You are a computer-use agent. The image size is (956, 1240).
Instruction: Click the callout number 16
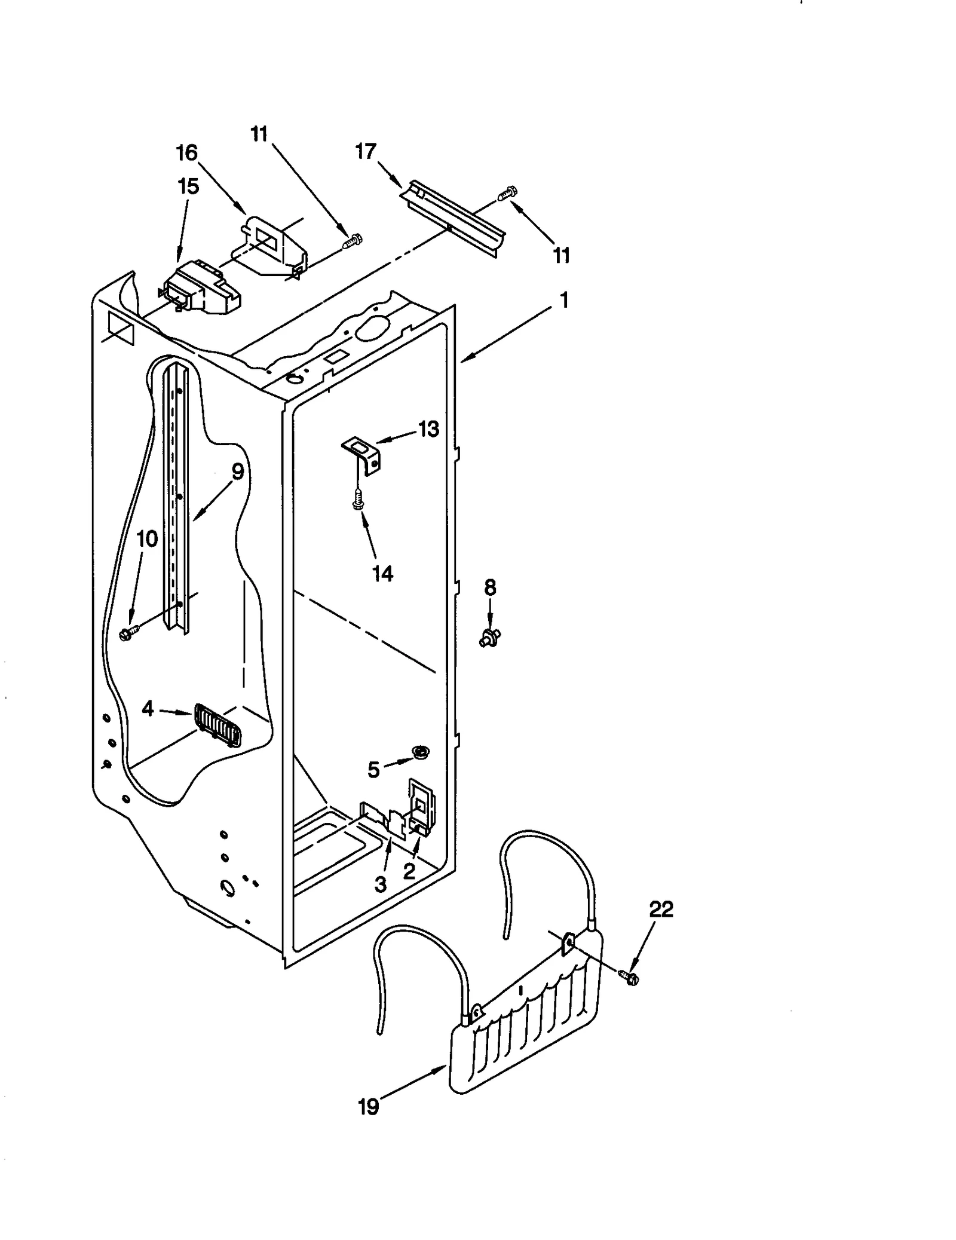[x=186, y=154]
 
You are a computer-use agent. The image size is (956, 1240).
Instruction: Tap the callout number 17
[x=366, y=152]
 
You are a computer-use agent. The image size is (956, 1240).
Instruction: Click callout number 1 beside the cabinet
[x=563, y=301]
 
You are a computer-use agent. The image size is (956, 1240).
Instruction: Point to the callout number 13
[x=428, y=429]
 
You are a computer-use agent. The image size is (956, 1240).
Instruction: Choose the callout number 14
[x=382, y=574]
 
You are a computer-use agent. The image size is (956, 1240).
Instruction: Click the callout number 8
[x=490, y=587]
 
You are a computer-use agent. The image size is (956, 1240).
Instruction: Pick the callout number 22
[x=661, y=910]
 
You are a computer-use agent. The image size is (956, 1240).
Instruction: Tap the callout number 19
[x=369, y=1107]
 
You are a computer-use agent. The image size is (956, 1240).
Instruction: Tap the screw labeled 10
[x=128, y=632]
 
